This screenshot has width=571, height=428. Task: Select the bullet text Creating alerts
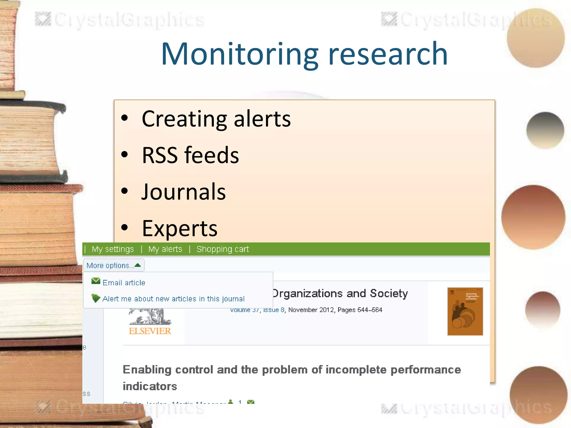coord(216,119)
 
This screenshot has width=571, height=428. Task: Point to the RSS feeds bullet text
coord(190,155)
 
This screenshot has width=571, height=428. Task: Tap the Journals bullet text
coord(183,192)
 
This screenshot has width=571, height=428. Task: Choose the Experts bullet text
coord(180,228)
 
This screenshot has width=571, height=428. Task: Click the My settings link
coord(113,249)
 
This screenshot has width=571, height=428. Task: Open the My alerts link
coord(165,249)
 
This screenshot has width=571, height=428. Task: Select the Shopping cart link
coord(222,249)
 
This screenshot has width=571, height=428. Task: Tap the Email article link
coord(124,283)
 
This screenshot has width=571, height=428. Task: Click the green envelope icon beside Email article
coord(96,281)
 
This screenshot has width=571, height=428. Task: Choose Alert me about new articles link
coord(173,299)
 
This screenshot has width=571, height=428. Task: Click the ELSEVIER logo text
coord(150,331)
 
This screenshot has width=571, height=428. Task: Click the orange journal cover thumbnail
coord(465,312)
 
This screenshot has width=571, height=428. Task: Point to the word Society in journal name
coord(389,293)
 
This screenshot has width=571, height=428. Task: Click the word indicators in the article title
coord(150,386)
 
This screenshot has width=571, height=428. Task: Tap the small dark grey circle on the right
coord(545,130)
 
